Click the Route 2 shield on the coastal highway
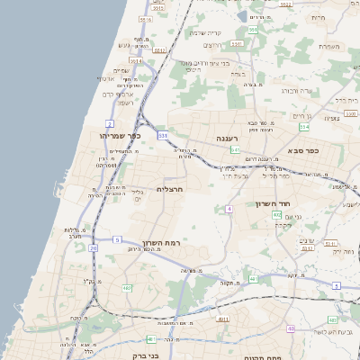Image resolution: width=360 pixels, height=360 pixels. tap(110, 123)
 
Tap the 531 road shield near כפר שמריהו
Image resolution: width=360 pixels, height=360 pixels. tap(163, 136)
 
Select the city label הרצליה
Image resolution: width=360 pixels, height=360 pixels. tap(169, 190)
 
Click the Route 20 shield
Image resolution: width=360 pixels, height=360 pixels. tap(93, 247)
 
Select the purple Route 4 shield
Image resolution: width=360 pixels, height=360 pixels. tap(229, 209)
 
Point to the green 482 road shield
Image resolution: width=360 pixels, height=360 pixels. tap(127, 288)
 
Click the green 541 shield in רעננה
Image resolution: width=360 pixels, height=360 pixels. tap(234, 149)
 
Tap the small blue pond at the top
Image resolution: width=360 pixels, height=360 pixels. tap(240, 17)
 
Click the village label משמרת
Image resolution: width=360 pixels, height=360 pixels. tap(328, 46)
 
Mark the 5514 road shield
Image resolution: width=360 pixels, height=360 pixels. tap(145, 19)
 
